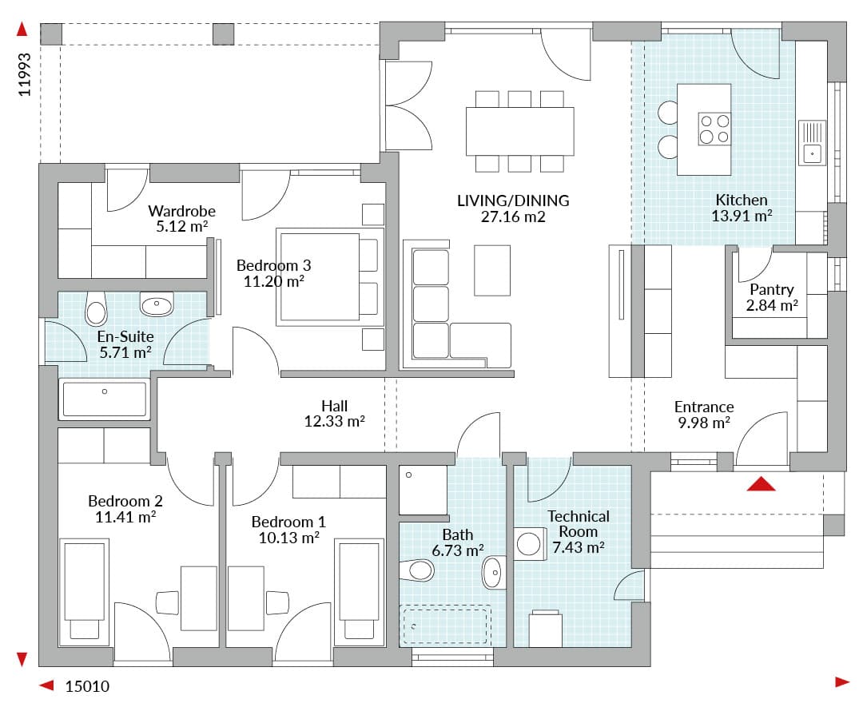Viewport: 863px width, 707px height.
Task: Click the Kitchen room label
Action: point(741,200)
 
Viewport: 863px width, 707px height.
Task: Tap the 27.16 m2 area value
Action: point(513,216)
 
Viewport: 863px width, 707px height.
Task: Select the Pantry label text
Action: point(772,289)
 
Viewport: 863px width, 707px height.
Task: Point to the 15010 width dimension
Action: point(88,686)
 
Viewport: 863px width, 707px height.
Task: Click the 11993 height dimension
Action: point(24,75)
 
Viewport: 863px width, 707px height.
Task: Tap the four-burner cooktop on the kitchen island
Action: point(714,129)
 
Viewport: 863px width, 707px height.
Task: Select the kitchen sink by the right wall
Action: point(813,142)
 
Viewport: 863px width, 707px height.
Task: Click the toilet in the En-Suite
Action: point(96,308)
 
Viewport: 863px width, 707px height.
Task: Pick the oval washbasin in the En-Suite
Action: point(157,304)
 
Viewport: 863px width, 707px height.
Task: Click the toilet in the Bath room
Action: point(417,570)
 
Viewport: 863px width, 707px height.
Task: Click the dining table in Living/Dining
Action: point(519,131)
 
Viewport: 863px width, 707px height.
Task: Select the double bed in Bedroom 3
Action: point(329,276)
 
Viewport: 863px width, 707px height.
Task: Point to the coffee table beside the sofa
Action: point(492,270)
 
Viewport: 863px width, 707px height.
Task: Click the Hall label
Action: point(334,406)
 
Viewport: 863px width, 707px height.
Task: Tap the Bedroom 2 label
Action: point(125,501)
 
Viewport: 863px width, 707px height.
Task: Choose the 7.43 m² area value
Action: point(579,547)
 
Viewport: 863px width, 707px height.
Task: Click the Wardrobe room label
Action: point(181,211)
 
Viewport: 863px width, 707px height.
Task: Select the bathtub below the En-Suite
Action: point(104,399)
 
